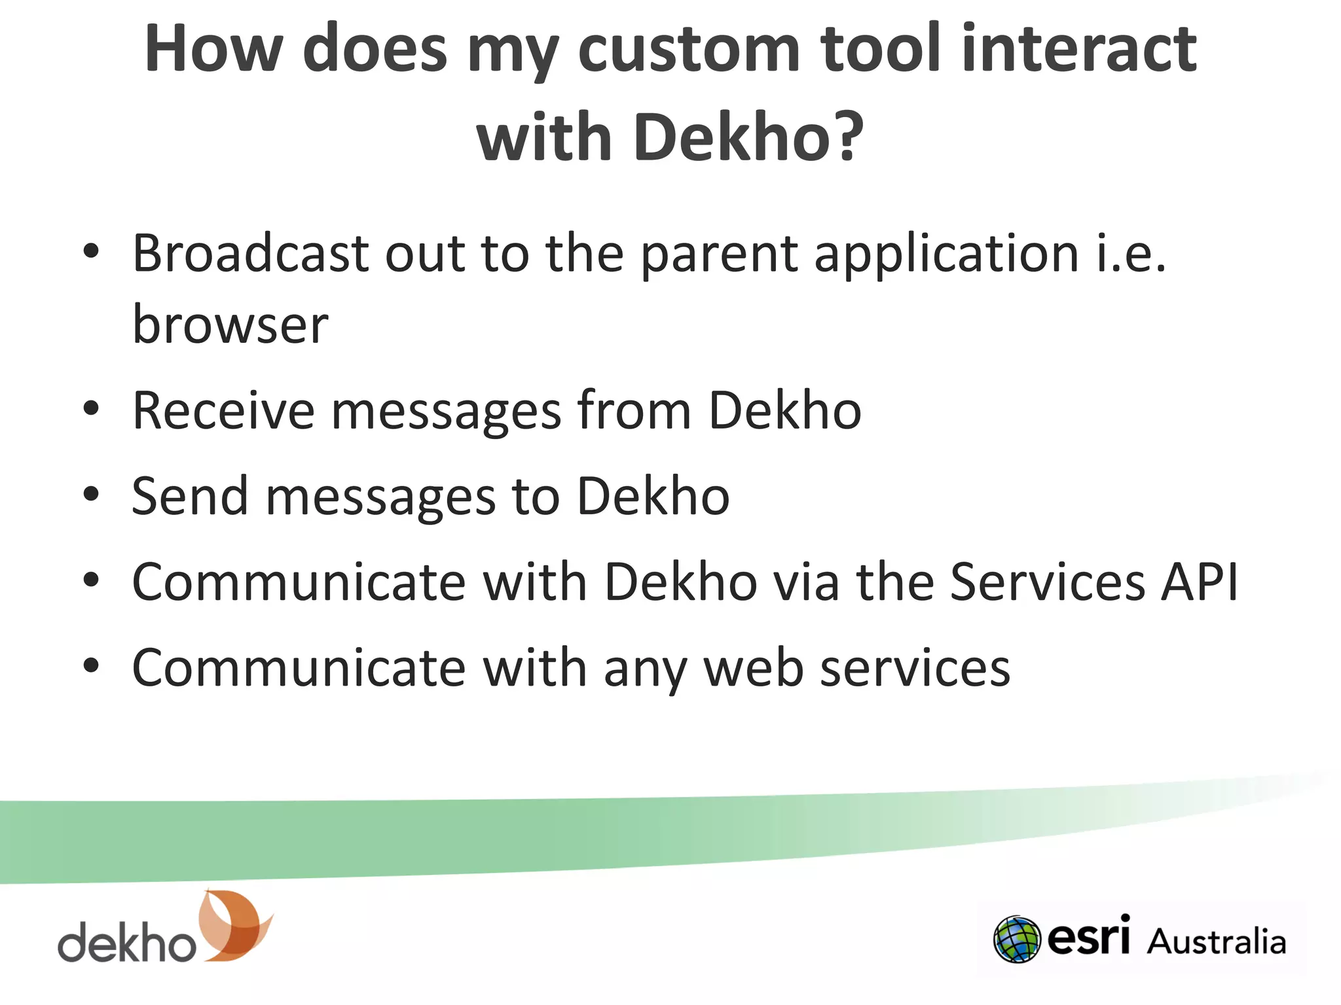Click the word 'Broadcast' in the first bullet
(x=249, y=254)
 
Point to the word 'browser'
(x=230, y=325)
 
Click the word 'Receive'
(x=223, y=411)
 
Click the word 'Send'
(x=190, y=496)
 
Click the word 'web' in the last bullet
(x=753, y=668)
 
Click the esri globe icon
(x=1017, y=940)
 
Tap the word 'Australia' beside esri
(x=1217, y=942)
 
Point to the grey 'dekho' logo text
(x=127, y=942)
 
